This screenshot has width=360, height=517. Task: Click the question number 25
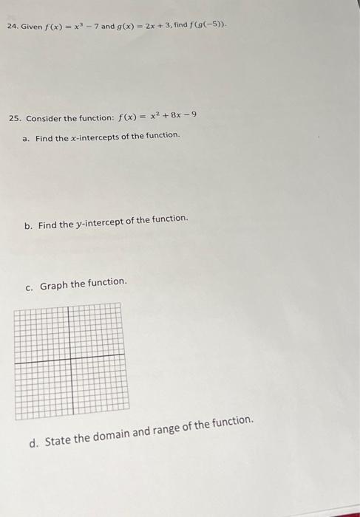tap(16, 118)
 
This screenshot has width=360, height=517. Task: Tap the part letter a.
tap(26, 137)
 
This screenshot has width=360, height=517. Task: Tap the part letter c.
tap(29, 287)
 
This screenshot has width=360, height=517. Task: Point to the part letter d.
tap(33, 444)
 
